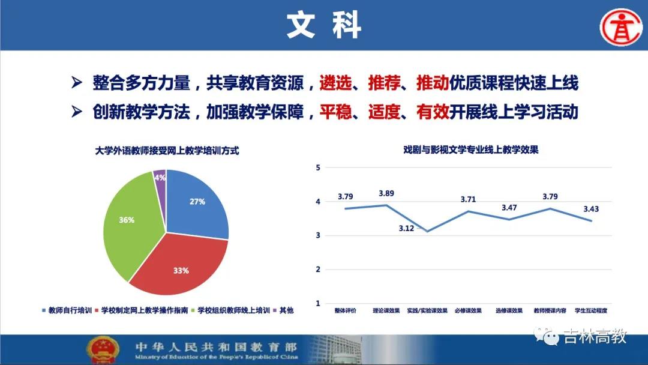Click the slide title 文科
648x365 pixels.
point(324,26)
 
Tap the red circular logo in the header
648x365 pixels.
point(621,27)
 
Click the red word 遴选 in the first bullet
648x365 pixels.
point(335,83)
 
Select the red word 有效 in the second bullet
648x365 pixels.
point(433,112)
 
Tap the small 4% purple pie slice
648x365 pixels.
point(160,178)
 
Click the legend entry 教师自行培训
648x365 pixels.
point(67,310)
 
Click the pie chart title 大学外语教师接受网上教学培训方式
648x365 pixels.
point(167,151)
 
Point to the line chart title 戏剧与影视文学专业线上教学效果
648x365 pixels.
point(471,149)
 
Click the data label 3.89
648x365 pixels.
point(386,193)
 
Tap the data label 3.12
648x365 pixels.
point(406,229)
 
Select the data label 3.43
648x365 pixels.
point(591,209)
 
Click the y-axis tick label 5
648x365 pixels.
point(318,168)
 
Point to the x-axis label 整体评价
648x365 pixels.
point(345,311)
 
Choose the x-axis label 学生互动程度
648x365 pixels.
point(591,311)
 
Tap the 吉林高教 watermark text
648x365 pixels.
point(595,336)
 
